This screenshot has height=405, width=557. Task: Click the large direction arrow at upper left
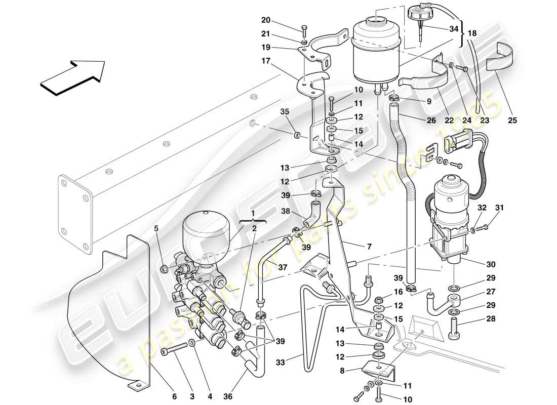[72, 76]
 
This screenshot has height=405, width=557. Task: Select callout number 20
[266, 21]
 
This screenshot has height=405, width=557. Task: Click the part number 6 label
[174, 397]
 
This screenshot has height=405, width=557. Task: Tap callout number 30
[490, 264]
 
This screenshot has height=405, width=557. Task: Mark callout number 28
[490, 319]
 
